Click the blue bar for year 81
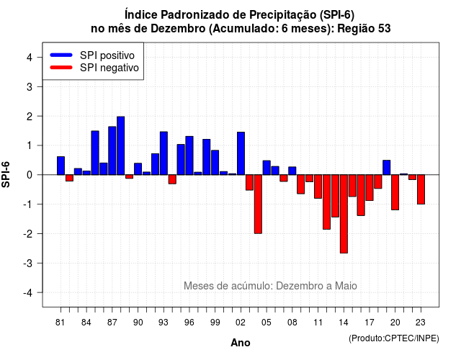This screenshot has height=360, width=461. [x=61, y=166]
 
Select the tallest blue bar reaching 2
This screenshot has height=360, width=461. [x=121, y=145]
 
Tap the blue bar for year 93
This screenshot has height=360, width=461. [x=164, y=153]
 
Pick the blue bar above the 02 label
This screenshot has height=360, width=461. [x=241, y=153]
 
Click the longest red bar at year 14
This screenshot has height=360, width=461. [x=344, y=214]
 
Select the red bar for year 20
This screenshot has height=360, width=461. [x=395, y=192]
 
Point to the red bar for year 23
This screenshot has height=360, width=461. [x=421, y=189]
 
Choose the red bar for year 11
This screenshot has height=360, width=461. [x=318, y=186]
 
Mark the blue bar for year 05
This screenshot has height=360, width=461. [x=267, y=168]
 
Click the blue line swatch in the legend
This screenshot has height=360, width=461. [x=61, y=55]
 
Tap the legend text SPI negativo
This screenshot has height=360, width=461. [x=109, y=68]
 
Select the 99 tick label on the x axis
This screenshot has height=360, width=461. [x=215, y=323]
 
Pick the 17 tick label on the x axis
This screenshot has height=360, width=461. [x=370, y=323]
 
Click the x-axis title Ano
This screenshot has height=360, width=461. [x=241, y=343]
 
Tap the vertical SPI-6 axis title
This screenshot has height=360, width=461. [x=6, y=174]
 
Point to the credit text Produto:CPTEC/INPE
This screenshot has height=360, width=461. [x=394, y=338]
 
